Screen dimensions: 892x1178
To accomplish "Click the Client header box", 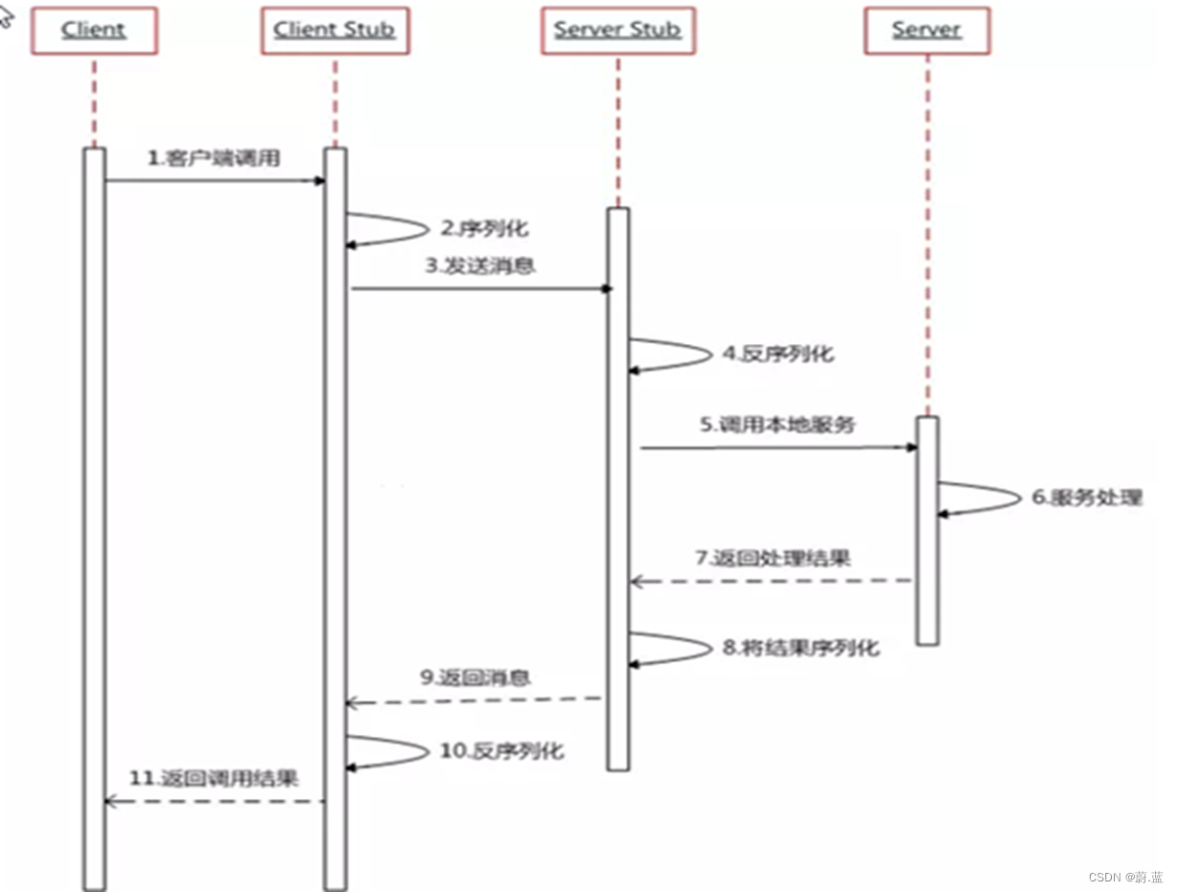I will pyautogui.click(x=93, y=30).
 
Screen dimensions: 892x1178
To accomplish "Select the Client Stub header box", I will pyautogui.click(x=335, y=30).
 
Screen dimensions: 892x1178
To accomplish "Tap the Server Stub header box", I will pyautogui.click(x=617, y=30).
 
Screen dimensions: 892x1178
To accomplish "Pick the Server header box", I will pyautogui.click(x=926, y=30).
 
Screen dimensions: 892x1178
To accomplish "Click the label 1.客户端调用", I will pyautogui.click(x=214, y=159).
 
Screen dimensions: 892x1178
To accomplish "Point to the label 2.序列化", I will pyautogui.click(x=484, y=229).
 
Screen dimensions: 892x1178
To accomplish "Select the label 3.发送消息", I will pyautogui.click(x=480, y=266).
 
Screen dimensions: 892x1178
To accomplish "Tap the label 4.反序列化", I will pyautogui.click(x=777, y=354).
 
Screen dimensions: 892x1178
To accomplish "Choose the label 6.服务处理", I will pyautogui.click(x=1087, y=498).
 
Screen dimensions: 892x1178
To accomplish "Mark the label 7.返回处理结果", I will pyautogui.click(x=773, y=558).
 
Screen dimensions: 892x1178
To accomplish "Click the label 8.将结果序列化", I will pyautogui.click(x=800, y=648).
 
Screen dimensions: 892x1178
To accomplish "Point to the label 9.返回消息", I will pyautogui.click(x=475, y=678).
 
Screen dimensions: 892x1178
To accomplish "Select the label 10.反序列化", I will pyautogui.click(x=501, y=750).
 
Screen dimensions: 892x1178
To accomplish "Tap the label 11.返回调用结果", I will pyautogui.click(x=214, y=778).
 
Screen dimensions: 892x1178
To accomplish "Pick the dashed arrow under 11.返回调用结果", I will pyautogui.click(x=214, y=801).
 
